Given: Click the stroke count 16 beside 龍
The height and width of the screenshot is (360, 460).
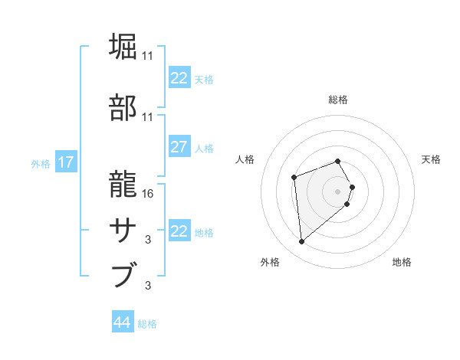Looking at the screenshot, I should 148,193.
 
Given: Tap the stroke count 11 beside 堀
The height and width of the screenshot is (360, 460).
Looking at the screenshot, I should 148,56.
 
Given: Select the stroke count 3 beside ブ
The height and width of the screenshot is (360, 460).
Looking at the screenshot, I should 148,286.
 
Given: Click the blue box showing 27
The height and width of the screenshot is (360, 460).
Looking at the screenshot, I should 179,148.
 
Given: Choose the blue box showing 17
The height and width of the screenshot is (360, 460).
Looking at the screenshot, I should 65,162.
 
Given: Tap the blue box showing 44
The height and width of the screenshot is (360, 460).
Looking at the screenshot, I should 122,323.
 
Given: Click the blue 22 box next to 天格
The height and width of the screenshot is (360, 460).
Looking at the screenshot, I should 179,78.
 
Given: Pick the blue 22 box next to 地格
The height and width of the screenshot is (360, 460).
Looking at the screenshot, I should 179,231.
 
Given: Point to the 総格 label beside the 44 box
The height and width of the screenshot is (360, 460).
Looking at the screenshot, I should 147,324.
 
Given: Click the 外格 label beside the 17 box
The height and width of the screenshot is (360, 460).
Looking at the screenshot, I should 41,163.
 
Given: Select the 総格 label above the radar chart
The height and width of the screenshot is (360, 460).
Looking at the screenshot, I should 338,100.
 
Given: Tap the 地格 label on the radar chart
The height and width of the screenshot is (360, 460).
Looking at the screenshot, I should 402,263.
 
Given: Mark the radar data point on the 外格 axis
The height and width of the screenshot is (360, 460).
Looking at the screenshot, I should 302,242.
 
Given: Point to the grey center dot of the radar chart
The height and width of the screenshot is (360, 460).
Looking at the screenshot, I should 338,191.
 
